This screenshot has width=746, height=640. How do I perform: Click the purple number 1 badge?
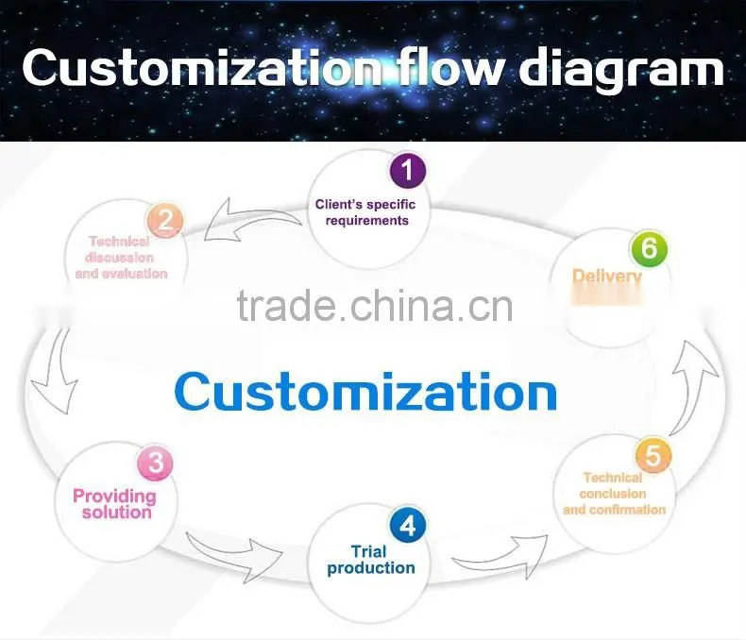(x=408, y=170)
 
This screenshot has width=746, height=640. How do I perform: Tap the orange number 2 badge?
(x=164, y=221)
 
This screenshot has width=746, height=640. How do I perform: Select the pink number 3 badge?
(x=155, y=463)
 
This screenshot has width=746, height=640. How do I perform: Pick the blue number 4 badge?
(x=408, y=526)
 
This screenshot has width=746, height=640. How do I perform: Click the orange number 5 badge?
(x=653, y=455)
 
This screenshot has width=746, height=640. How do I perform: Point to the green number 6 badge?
(x=649, y=247)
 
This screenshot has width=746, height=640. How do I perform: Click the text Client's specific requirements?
(x=365, y=212)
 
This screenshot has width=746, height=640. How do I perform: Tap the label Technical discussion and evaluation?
(x=121, y=258)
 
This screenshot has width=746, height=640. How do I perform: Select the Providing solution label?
(x=114, y=504)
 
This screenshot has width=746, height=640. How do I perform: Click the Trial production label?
(x=370, y=560)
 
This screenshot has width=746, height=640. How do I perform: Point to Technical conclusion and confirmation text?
(x=614, y=494)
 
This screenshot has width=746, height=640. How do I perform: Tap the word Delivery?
(x=607, y=277)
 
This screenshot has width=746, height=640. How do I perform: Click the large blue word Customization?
(x=365, y=392)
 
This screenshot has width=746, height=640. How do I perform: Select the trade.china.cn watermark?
(x=375, y=305)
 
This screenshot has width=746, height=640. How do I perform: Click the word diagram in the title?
(x=620, y=70)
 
